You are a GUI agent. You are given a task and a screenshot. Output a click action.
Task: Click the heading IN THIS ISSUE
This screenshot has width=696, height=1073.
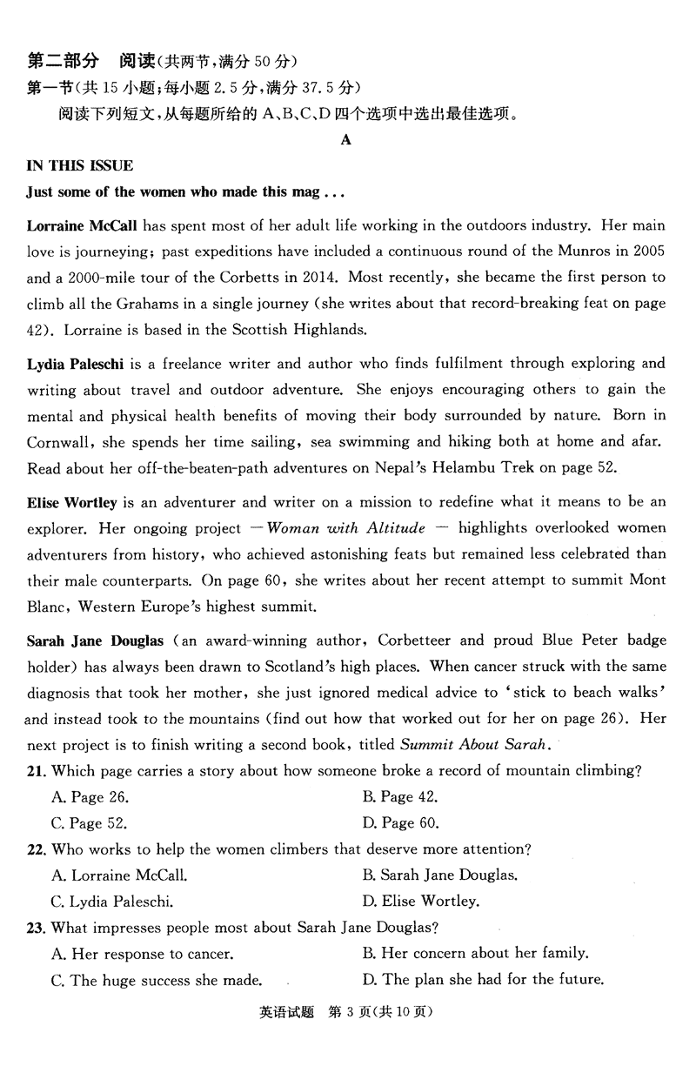pos(80,165)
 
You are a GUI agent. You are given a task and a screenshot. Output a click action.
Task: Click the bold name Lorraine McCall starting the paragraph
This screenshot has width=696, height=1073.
pos(83,226)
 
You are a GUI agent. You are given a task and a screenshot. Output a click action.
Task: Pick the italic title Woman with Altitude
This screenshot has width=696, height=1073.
pos(346,528)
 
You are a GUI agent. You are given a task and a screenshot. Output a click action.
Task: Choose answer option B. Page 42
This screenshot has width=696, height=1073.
pos(399,796)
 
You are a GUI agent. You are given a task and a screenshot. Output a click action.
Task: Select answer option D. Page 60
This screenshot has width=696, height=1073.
pos(400,822)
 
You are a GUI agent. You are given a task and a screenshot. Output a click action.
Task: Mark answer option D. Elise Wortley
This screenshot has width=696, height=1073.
pos(421,901)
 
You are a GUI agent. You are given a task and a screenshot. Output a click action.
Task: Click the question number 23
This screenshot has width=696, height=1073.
pos(36,927)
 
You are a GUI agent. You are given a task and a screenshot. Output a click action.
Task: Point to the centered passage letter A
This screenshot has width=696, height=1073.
pos(346,140)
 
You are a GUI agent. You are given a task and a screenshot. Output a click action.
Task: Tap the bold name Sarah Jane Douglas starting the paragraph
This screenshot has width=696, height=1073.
pos(95,641)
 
